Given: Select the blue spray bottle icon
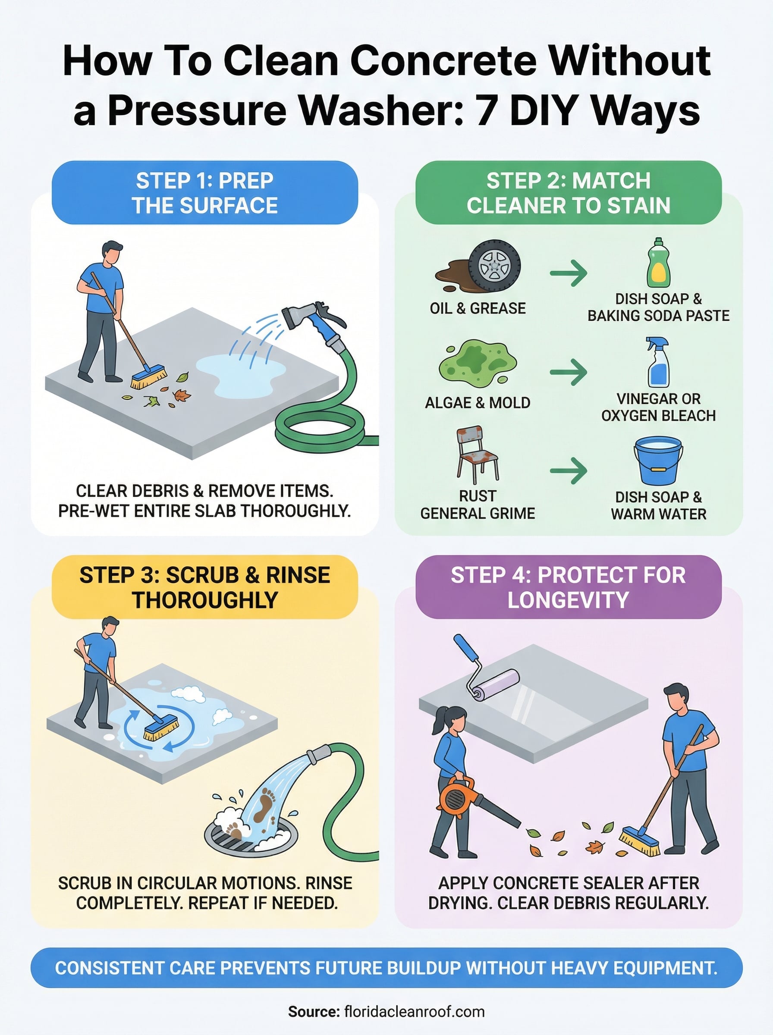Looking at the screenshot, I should tap(658, 363).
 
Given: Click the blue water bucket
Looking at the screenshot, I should tap(658, 461).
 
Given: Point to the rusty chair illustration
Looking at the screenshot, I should tap(477, 454).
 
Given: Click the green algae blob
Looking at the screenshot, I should tap(477, 364).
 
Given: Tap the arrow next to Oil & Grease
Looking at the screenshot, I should tap(568, 273).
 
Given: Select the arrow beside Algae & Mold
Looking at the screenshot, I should tap(568, 372).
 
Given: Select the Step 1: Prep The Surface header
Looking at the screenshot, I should tap(204, 193).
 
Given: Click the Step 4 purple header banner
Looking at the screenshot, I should tap(568, 587).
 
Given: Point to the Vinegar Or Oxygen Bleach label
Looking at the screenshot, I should tap(658, 407).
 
